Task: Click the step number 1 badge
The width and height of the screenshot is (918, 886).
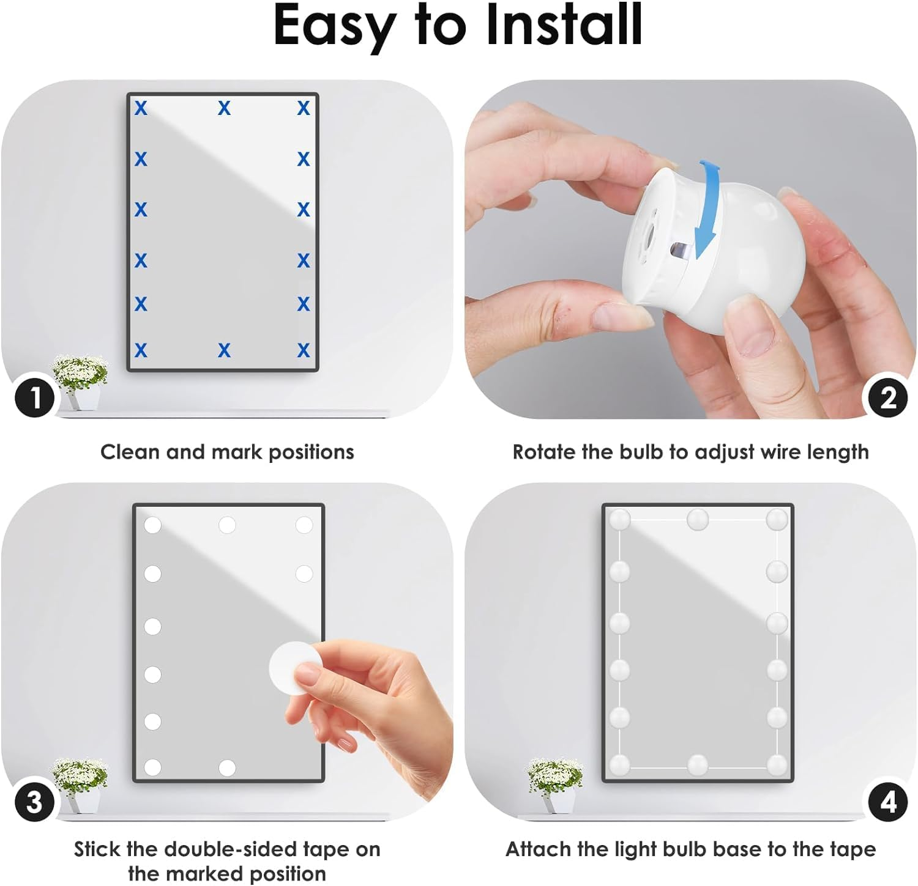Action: pyautogui.click(x=35, y=397)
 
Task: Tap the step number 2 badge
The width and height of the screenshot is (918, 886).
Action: pyautogui.click(x=888, y=397)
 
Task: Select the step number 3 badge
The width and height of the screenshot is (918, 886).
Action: pyautogui.click(x=35, y=801)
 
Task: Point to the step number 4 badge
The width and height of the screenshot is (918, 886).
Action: pyautogui.click(x=888, y=801)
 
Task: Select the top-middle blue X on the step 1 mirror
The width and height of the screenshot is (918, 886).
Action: pyautogui.click(x=225, y=108)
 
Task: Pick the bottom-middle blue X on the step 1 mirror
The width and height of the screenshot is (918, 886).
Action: pyautogui.click(x=225, y=350)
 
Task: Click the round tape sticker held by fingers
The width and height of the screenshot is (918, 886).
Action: pyautogui.click(x=295, y=668)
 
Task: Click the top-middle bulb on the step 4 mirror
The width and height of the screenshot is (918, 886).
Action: pyautogui.click(x=698, y=520)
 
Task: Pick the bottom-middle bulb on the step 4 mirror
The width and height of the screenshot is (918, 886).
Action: pyautogui.click(x=698, y=764)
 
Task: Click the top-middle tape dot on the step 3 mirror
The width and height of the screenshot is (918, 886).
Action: pyautogui.click(x=227, y=525)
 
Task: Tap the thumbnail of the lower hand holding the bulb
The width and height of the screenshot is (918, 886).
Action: pyautogui.click(x=756, y=334)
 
